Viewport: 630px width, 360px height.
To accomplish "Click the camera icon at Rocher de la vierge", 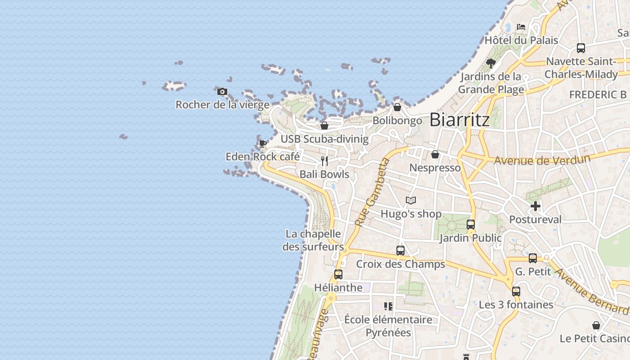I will tap(222, 92).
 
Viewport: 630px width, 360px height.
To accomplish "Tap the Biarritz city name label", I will tap(459, 120).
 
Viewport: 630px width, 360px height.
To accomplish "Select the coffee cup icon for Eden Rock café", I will tap(263, 144).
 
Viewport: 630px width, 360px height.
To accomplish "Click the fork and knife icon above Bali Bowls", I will tap(324, 161).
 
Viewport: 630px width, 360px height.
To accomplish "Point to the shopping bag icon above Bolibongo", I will tap(397, 107).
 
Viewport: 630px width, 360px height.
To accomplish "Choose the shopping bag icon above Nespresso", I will tap(435, 154).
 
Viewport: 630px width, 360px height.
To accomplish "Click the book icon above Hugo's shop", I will tap(411, 201).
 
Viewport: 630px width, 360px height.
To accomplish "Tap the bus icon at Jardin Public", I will tap(471, 224).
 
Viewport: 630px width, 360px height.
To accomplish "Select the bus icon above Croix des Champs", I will tap(400, 251).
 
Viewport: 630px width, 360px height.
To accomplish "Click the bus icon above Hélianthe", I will tap(338, 274).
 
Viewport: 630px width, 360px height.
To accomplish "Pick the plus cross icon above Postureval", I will tap(535, 206).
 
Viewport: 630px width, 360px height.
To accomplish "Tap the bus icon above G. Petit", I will tap(533, 258).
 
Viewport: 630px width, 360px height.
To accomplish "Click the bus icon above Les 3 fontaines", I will tap(516, 291).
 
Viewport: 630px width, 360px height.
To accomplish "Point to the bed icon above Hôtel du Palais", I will tap(521, 27).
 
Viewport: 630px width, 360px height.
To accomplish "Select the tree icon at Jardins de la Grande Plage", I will tap(491, 63).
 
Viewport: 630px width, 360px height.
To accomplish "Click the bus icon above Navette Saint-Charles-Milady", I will tap(581, 48).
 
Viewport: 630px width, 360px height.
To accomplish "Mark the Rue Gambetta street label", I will tap(372, 192).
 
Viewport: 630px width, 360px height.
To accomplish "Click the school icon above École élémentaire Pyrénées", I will tap(388, 306).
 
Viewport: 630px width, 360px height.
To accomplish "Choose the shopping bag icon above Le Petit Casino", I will tap(596, 325).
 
